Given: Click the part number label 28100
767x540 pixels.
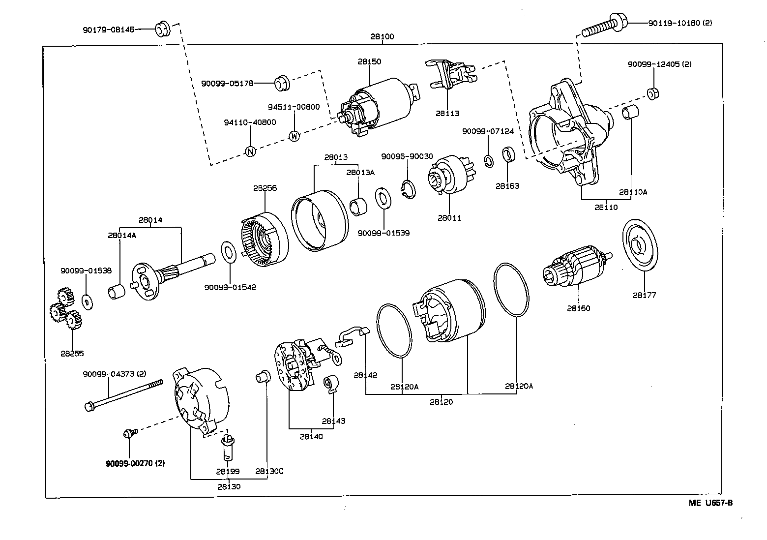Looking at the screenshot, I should pyautogui.click(x=382, y=37).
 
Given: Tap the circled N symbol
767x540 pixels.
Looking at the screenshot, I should pyautogui.click(x=250, y=151).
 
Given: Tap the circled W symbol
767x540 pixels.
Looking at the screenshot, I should pyautogui.click(x=294, y=136).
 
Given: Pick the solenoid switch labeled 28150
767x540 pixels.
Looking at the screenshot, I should pyautogui.click(x=379, y=106).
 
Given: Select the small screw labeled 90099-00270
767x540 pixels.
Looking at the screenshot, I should pyautogui.click(x=129, y=433).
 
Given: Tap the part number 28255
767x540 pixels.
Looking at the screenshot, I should pyautogui.click(x=72, y=353).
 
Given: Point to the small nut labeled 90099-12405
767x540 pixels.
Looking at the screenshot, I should pyautogui.click(x=653, y=92).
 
